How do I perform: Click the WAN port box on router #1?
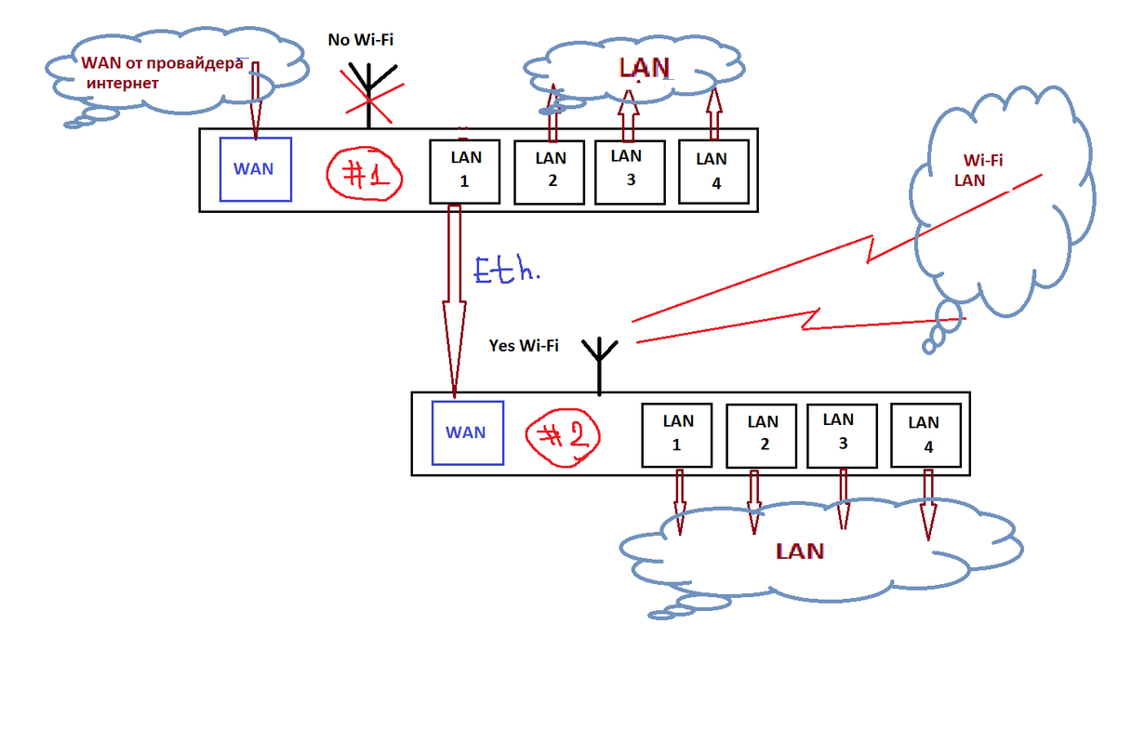255,169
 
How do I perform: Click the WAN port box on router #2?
467,432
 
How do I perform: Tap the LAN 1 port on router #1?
464,170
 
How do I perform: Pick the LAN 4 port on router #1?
713,170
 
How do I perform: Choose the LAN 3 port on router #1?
630,171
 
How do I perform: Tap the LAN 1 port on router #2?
676,434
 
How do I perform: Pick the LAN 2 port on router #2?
761,434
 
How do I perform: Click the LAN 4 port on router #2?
925,434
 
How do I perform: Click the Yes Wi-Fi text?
524,345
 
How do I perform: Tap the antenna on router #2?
599,363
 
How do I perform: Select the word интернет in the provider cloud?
123,84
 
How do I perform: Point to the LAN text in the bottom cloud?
800,551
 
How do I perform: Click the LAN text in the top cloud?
645,67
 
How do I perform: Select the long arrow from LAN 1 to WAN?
455,298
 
